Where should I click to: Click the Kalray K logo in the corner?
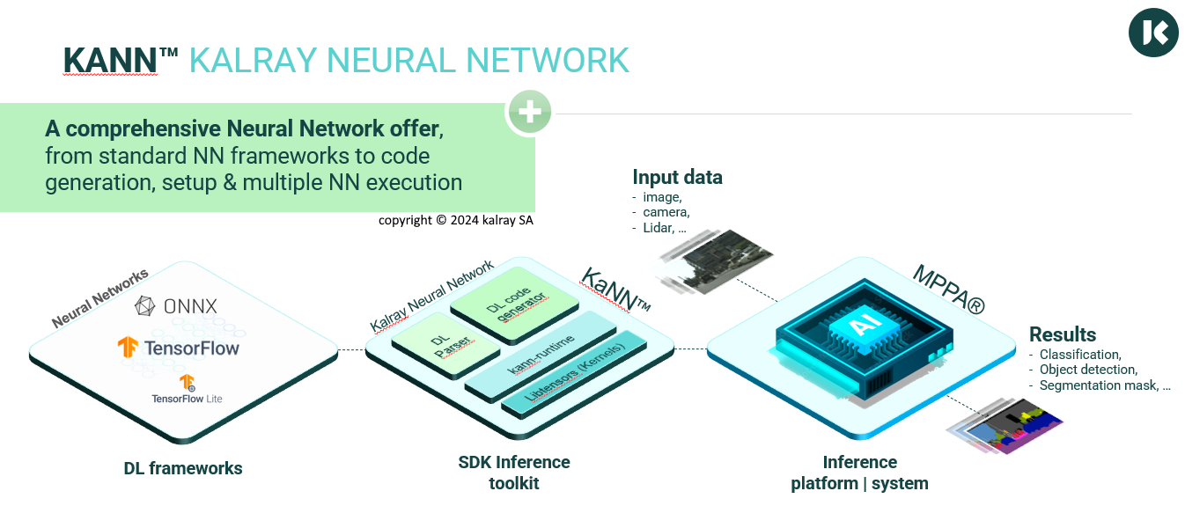(1153, 33)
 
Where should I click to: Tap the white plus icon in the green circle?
(529, 113)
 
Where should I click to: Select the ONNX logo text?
(176, 306)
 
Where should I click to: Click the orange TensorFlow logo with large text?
(179, 348)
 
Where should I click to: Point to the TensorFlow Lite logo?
(187, 389)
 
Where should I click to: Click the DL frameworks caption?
(183, 468)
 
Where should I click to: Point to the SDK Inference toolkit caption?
(514, 473)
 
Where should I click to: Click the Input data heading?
(677, 177)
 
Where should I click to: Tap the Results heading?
(1063, 334)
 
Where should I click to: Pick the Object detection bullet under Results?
(1088, 370)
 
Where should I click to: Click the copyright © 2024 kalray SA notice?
(456, 220)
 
